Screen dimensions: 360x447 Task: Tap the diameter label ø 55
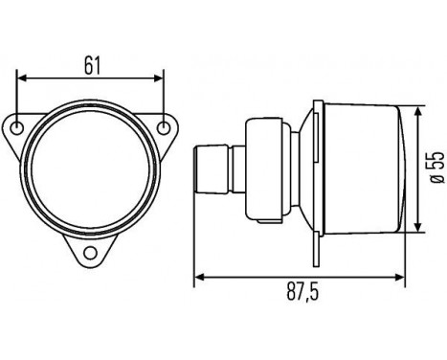[436, 169]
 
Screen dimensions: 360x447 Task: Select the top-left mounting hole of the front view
[19, 126]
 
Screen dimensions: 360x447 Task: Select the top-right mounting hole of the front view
[167, 126]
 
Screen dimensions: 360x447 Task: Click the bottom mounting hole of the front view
[93, 253]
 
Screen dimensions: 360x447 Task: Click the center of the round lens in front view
[93, 168]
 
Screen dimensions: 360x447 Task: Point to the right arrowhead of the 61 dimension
[162, 80]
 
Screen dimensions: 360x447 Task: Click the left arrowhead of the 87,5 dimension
[199, 279]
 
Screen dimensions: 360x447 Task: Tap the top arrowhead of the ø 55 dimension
[416, 109]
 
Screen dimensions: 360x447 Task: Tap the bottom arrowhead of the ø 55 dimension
[416, 228]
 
